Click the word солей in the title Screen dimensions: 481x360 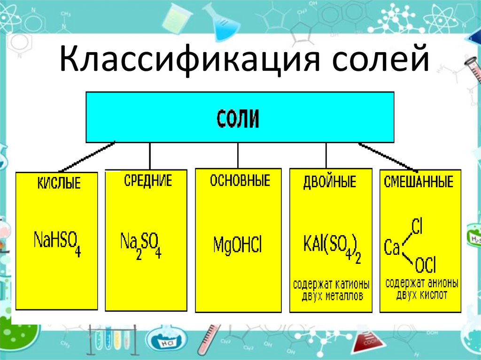tap(380, 59)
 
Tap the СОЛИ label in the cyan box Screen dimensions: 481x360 tap(238, 119)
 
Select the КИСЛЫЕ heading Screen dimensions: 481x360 tap(59, 183)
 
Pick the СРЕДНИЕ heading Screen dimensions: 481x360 tap(148, 181)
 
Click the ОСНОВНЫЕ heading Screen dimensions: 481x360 tap(240, 181)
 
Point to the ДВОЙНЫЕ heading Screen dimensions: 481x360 tap(330, 182)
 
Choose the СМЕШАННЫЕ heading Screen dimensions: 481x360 tap(419, 182)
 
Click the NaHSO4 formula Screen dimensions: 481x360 tap(57, 244)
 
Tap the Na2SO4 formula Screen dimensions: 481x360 tap(141, 245)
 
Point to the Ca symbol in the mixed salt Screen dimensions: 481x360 tap(392, 248)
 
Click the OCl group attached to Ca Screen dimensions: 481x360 tap(425, 265)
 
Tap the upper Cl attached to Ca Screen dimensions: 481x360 tap(417, 227)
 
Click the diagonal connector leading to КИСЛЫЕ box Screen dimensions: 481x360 tap(87, 156)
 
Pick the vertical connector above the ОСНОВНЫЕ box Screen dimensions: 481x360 tap(238, 155)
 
